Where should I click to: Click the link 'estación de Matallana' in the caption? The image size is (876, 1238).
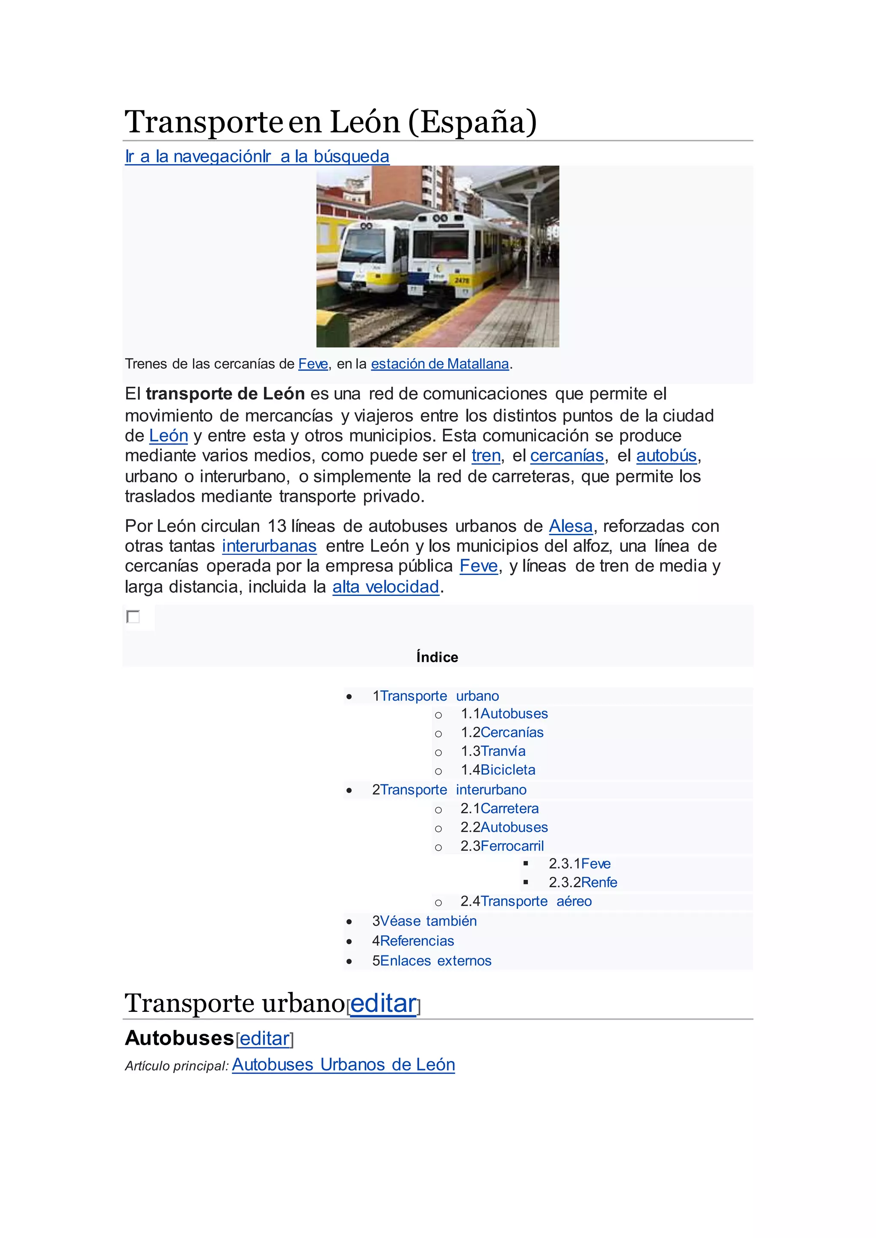[440, 364]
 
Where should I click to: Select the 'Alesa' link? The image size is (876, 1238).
[570, 526]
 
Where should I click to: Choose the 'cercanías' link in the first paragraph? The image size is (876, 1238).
[566, 456]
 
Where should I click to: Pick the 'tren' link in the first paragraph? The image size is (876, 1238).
[485, 456]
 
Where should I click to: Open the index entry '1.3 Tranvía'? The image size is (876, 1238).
[502, 751]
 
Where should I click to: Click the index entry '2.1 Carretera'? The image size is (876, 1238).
[509, 808]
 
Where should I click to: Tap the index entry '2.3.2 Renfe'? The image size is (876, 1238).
[599, 882]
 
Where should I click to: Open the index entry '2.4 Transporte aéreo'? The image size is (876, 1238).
[536, 901]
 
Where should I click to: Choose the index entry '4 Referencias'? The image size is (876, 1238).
[417, 941]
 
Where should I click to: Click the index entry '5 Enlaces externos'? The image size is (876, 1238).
[435, 961]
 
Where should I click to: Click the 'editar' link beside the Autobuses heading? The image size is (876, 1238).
[264, 1038]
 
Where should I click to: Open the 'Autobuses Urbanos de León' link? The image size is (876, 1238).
[343, 1064]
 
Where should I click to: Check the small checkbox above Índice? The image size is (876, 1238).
[133, 616]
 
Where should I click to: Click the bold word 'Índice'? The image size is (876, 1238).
[437, 657]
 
